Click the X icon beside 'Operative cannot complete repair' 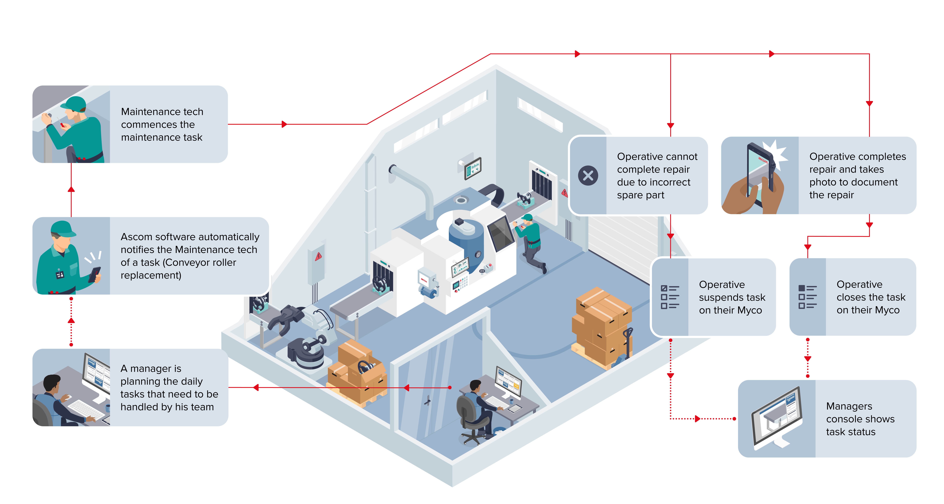[588, 176]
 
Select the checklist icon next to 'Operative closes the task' [807, 297]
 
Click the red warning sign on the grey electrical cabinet [318, 256]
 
